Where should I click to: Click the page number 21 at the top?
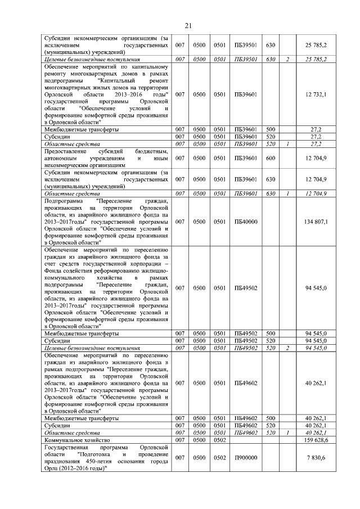(188, 25)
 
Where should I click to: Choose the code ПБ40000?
(245, 222)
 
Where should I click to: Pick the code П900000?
(245, 458)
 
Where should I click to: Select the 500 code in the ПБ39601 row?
(270, 129)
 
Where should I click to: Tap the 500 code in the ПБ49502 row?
(270, 334)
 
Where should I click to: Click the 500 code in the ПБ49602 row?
(270, 418)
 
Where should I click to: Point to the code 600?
(270, 159)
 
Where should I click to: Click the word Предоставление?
(66, 151)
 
